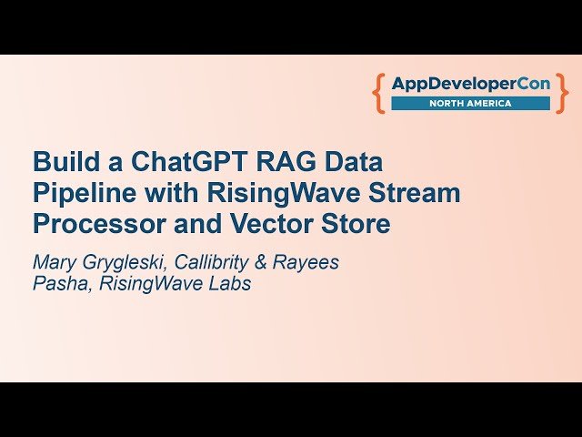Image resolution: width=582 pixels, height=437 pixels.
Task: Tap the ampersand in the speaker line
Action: (271, 262)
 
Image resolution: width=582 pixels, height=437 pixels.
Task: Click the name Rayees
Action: (310, 262)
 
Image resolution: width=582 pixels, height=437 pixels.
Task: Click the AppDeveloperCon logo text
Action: (470, 84)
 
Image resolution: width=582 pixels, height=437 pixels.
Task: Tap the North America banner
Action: (470, 103)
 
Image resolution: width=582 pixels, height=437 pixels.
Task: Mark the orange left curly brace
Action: (379, 93)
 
